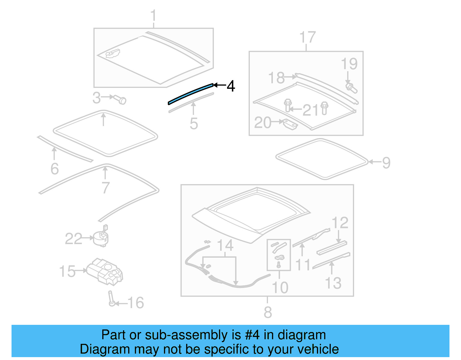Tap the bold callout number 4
231,86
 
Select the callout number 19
349,64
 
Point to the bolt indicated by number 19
351,88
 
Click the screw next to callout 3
120,99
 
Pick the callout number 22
73,239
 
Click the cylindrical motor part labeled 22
101,237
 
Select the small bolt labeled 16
112,299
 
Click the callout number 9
386,163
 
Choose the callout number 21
311,110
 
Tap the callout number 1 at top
153,15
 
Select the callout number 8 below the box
268,312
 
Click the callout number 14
225,246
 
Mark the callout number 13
333,283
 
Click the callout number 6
54,169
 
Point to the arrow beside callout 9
375,162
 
